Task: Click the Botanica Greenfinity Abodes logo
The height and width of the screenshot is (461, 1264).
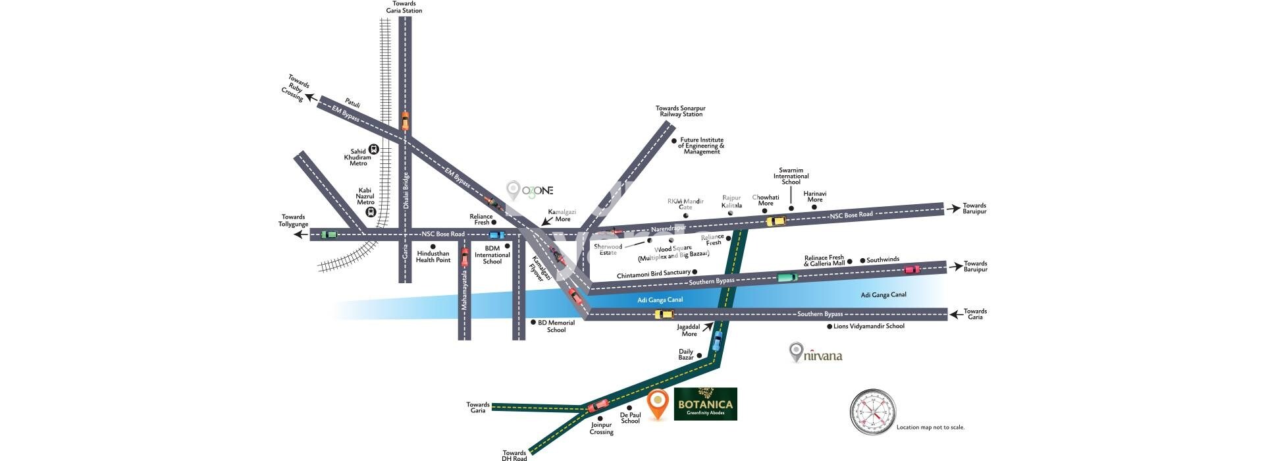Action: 705,404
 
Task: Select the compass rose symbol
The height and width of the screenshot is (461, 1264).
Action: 873,412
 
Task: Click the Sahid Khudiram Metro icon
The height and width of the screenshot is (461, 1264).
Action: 373,149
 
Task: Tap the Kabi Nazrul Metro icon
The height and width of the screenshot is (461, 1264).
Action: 371,212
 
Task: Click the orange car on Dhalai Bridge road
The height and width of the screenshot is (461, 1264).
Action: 405,121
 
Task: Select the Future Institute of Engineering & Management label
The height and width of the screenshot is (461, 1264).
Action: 702,146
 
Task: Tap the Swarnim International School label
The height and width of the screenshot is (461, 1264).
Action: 791,176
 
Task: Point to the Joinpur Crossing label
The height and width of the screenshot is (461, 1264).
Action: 601,428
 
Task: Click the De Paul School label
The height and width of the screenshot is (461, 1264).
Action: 630,418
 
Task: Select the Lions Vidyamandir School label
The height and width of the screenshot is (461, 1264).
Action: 868,326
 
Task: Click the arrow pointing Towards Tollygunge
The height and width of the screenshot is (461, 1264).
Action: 301,234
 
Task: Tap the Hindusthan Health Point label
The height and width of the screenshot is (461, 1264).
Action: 433,257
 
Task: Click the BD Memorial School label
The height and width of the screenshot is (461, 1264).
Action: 556,326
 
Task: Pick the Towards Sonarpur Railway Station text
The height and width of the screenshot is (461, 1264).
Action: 680,111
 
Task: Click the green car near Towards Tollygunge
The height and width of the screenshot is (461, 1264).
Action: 329,234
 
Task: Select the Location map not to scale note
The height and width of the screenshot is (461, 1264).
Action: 930,427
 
